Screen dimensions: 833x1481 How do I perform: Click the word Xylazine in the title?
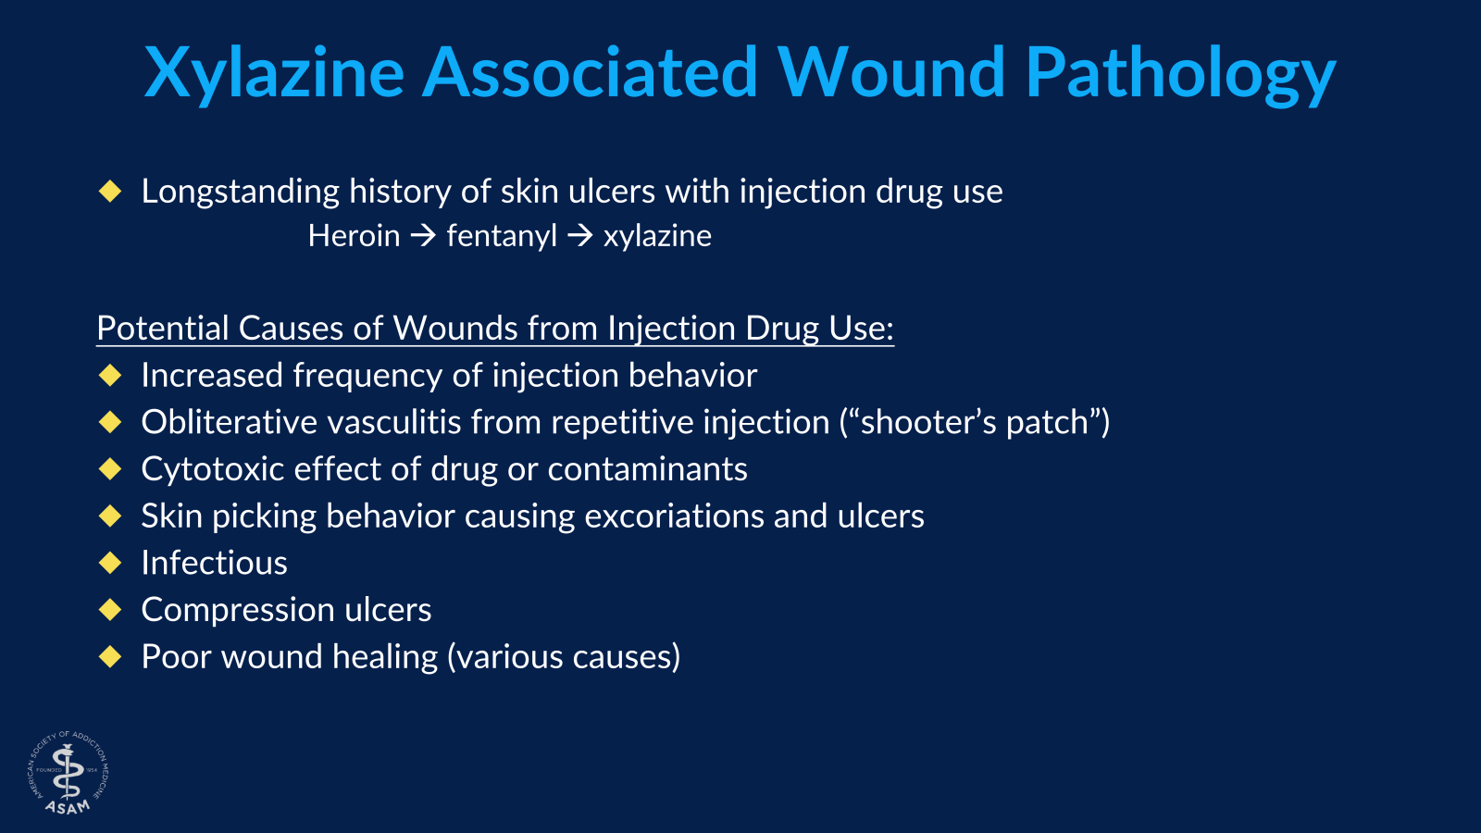coord(274,72)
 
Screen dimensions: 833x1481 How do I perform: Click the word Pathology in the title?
coord(1179,72)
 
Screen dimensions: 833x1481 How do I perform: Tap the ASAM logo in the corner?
coord(68,774)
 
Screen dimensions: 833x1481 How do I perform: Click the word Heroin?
coord(354,236)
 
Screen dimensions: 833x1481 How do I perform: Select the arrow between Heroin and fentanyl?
coord(423,236)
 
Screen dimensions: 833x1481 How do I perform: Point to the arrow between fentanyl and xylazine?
coord(580,236)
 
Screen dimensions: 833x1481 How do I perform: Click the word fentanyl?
coord(502,236)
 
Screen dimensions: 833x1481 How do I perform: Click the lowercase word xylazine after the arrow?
coord(657,236)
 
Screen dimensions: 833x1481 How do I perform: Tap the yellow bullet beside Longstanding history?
coord(110,192)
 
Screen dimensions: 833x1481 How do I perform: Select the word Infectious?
coord(214,563)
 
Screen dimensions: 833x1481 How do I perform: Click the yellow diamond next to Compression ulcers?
coord(110,609)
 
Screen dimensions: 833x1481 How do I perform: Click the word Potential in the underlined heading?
coord(162,329)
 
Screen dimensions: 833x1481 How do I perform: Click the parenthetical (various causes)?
coord(564,657)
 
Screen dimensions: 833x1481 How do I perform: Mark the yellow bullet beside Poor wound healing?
coord(110,656)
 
